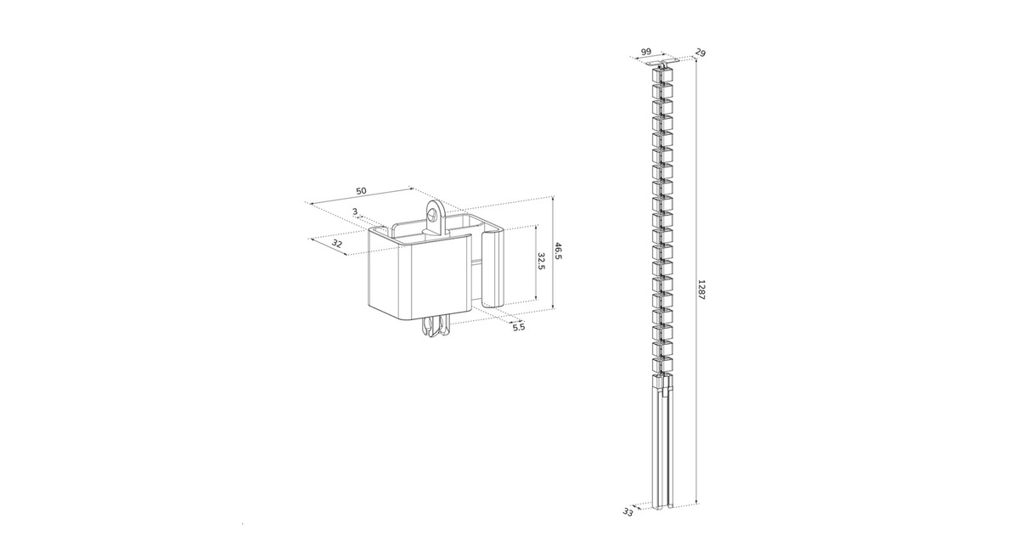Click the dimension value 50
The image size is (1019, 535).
361,190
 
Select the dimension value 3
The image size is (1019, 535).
355,211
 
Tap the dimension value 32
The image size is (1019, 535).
336,244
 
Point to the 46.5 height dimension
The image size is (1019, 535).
558,251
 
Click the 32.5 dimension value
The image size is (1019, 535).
541,262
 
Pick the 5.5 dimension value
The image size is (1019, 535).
519,327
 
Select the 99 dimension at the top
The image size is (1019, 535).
646,52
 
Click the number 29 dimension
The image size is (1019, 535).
701,53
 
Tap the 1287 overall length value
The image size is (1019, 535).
701,290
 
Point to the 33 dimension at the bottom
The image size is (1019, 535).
628,525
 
